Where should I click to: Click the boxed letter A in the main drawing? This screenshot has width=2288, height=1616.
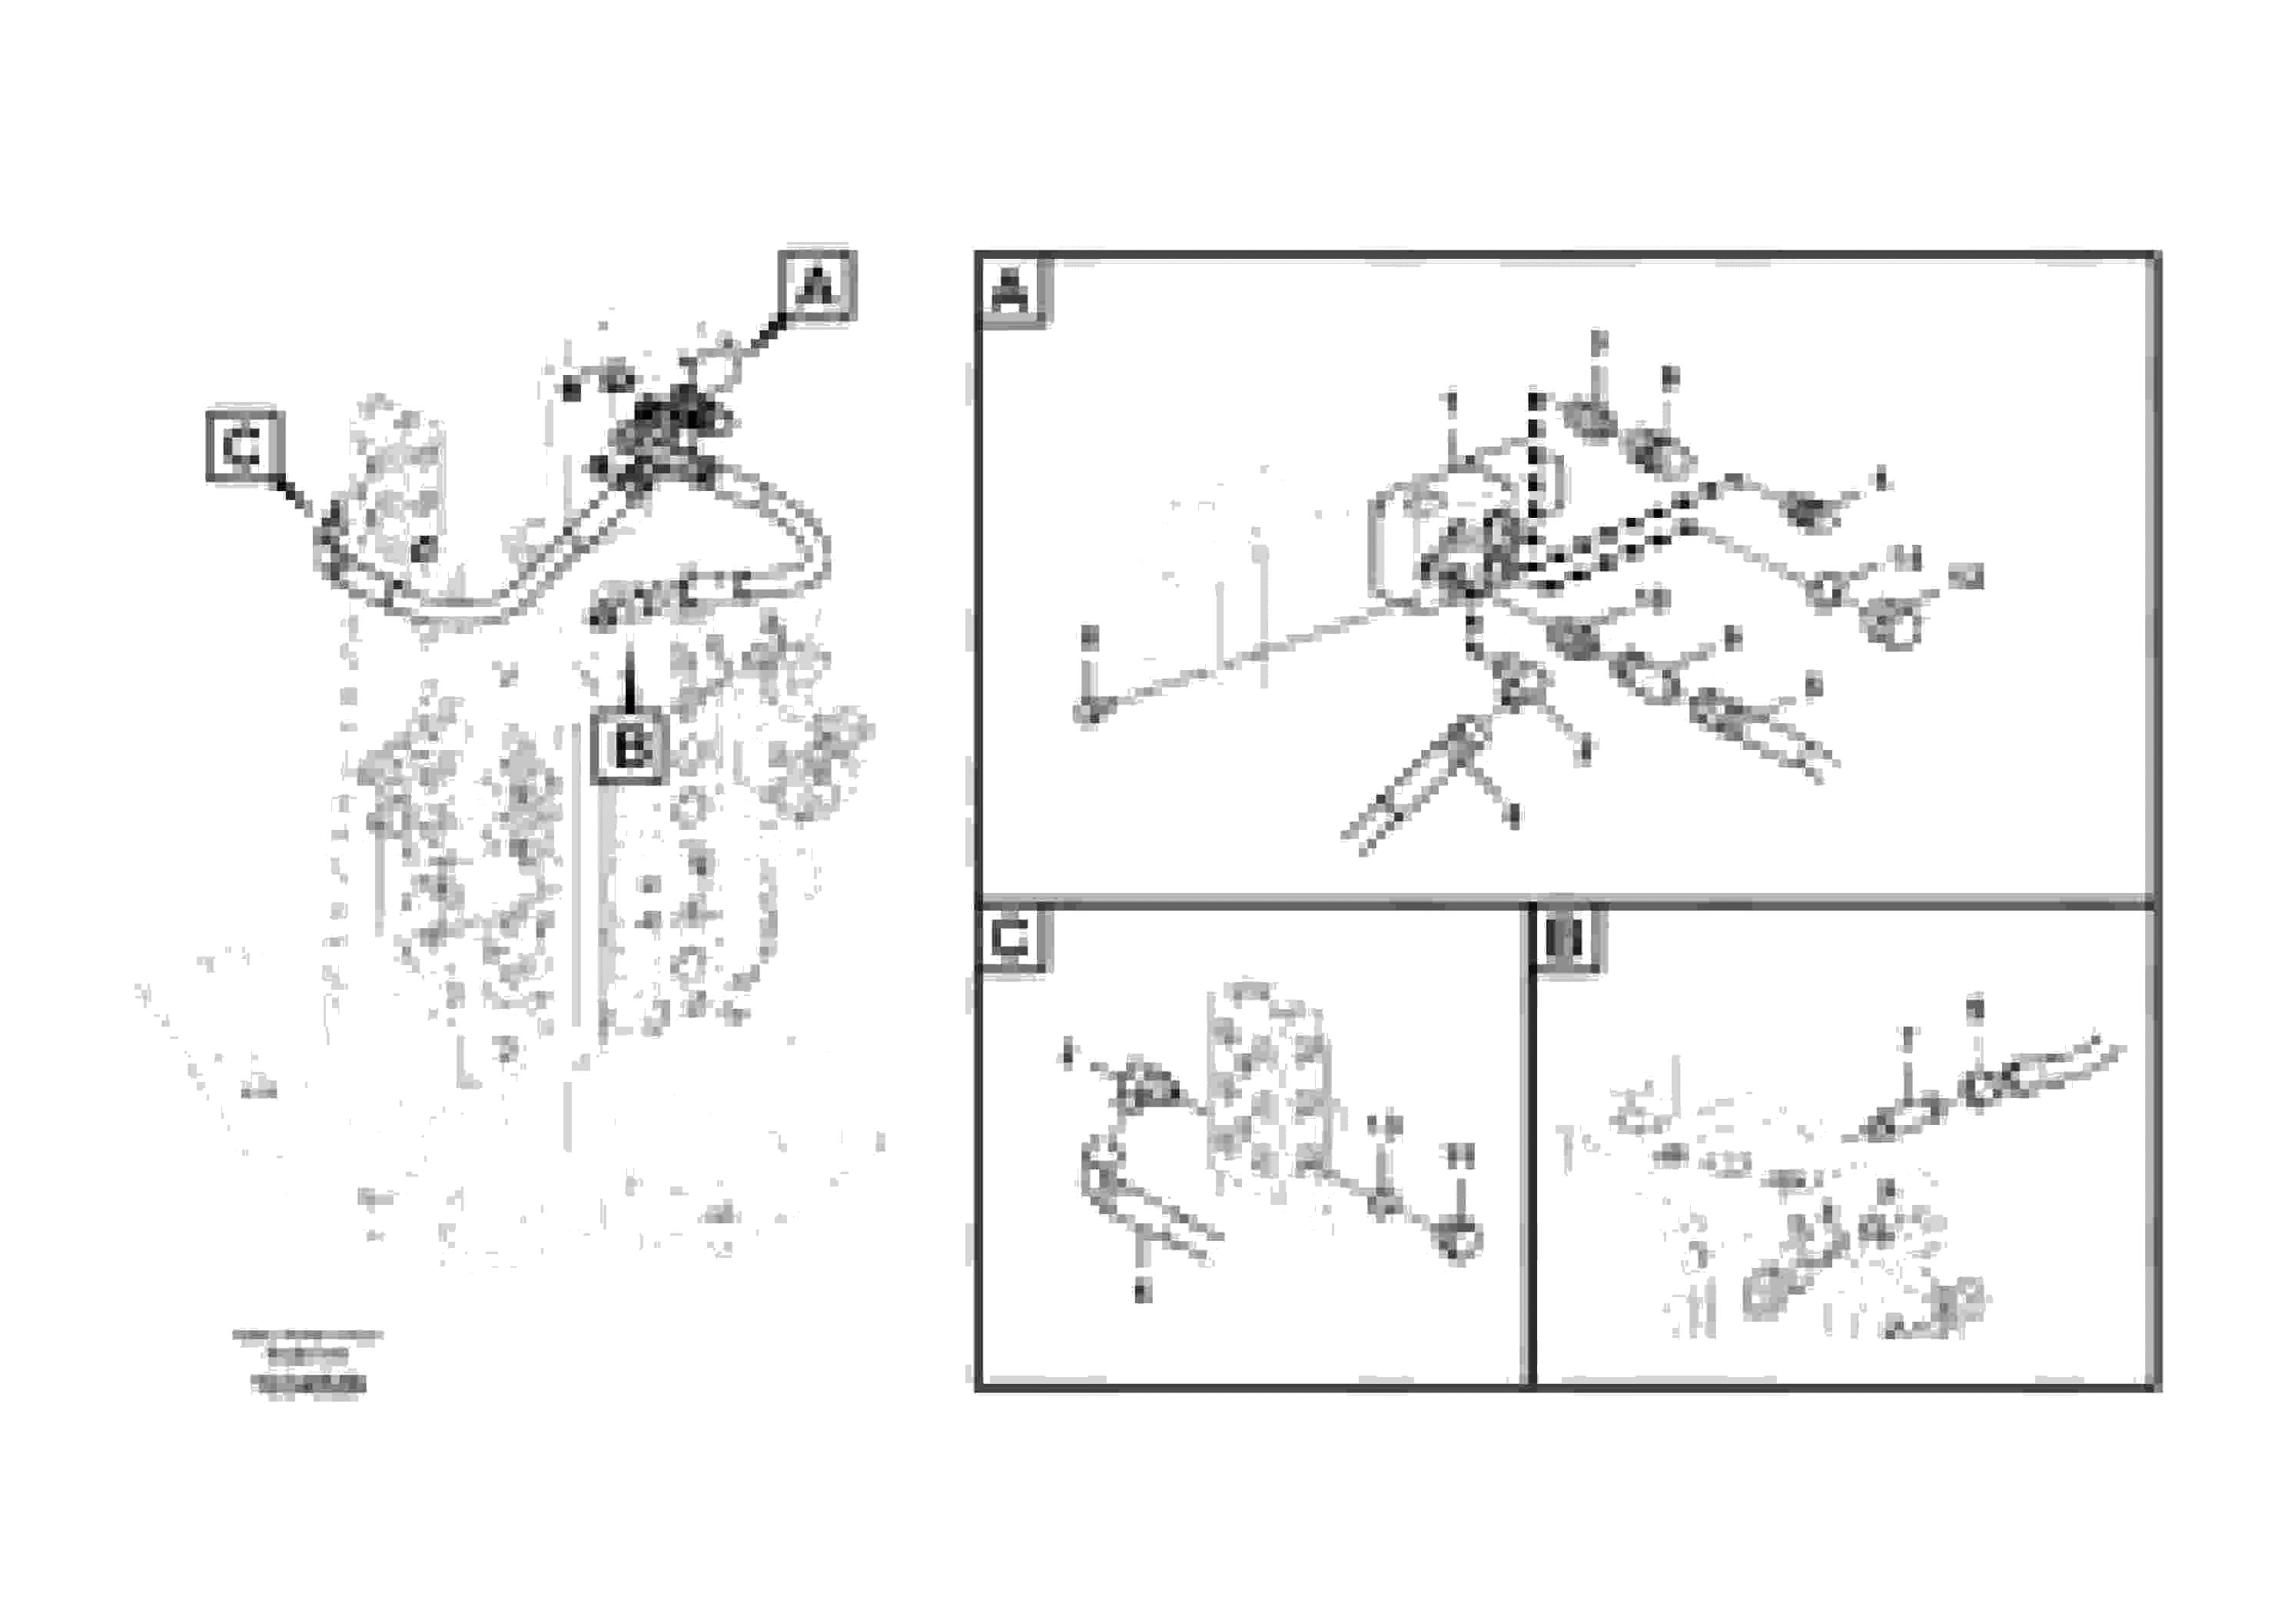(x=816, y=287)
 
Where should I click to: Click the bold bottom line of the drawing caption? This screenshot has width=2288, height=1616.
(x=309, y=1384)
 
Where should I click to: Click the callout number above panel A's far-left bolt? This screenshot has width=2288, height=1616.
(x=1089, y=635)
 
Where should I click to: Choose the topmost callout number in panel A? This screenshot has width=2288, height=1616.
(x=1599, y=343)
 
